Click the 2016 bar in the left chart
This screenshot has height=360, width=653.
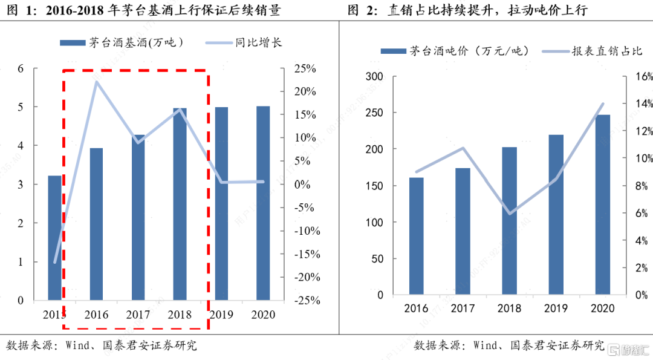pyautogui.click(x=97, y=224)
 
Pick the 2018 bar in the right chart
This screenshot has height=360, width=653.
pyautogui.click(x=510, y=221)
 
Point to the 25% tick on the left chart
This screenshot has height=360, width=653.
pyautogui.click(x=305, y=68)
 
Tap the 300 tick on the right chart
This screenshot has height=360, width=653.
pyautogui.click(x=375, y=76)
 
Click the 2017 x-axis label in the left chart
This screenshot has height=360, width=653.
pyautogui.click(x=138, y=315)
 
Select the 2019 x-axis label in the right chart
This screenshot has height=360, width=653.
pyautogui.click(x=556, y=309)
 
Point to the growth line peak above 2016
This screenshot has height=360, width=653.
pyautogui.click(x=97, y=81)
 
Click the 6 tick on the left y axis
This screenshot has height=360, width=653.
pyautogui.click(x=21, y=68)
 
